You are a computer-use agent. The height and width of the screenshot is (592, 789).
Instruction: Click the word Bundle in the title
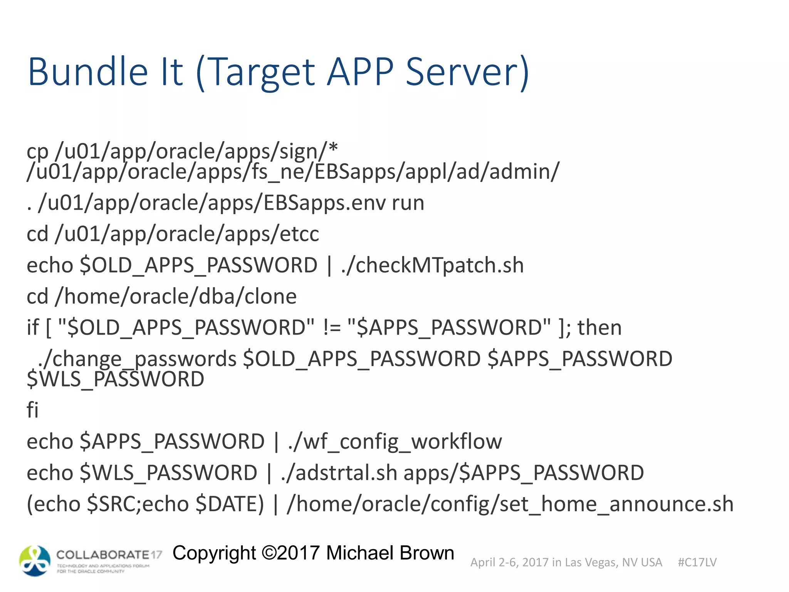tap(88, 72)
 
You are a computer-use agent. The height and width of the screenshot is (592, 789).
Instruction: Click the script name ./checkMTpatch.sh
tap(432, 265)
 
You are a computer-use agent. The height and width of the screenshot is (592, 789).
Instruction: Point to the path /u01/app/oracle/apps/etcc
tap(187, 234)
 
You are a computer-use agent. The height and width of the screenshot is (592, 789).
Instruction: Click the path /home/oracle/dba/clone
tap(176, 296)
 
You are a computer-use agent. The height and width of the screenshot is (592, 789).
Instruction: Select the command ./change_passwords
tap(137, 359)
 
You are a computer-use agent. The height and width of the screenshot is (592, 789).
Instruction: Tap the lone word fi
tap(33, 410)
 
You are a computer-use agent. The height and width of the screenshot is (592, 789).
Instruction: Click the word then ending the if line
tap(599, 328)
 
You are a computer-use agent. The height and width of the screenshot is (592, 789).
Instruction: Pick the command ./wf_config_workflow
tap(395, 441)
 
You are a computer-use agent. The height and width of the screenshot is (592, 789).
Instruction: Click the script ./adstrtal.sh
tap(339, 473)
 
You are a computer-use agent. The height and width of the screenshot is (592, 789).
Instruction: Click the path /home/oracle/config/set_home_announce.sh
tap(510, 504)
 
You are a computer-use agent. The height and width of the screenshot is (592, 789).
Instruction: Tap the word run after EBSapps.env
tap(408, 203)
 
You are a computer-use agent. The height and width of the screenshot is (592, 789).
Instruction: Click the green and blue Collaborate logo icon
tap(35, 561)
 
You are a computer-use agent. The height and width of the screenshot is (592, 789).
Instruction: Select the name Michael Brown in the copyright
tap(390, 553)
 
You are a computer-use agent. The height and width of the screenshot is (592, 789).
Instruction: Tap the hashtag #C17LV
tap(697, 562)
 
